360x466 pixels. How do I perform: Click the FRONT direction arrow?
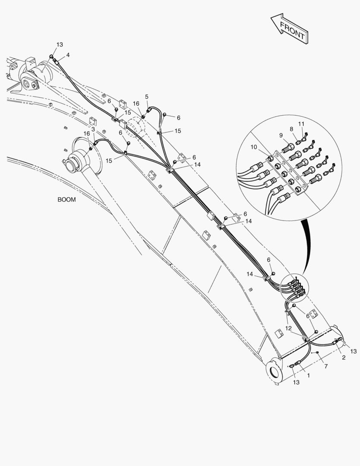click(x=288, y=28)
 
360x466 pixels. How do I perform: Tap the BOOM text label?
click(x=66, y=200)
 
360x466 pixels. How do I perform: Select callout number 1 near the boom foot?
click(x=308, y=376)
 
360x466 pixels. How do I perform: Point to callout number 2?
click(x=344, y=357)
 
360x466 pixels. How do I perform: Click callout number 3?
click(x=94, y=129)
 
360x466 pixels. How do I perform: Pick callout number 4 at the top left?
click(x=68, y=55)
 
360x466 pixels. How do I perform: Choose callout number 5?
click(x=147, y=96)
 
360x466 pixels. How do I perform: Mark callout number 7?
click(x=326, y=366)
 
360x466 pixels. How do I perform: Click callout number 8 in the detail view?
click(x=291, y=129)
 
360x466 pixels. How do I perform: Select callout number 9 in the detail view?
click(x=281, y=135)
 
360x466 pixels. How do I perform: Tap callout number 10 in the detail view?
click(x=254, y=147)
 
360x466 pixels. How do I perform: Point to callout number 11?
click(x=301, y=124)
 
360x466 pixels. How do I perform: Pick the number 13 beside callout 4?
click(x=59, y=45)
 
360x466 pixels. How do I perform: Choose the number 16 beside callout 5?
click(x=136, y=104)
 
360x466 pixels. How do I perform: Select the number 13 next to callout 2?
click(x=354, y=351)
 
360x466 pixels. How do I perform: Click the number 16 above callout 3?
click(x=87, y=134)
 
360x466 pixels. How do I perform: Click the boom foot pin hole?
click(x=274, y=372)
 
